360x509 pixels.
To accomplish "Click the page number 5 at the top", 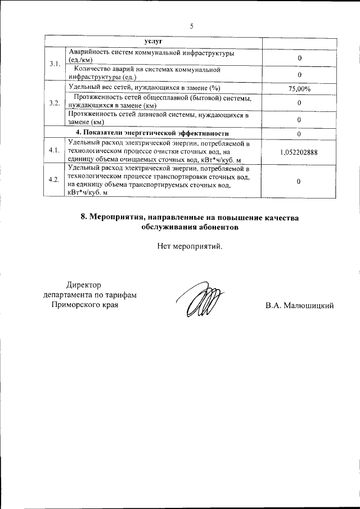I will tap(191, 26).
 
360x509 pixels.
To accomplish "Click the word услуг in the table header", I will tap(153, 42).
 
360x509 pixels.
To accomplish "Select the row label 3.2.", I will tap(55, 103).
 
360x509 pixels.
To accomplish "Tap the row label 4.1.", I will tap(55, 151).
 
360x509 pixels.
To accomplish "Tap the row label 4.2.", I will tap(55, 179).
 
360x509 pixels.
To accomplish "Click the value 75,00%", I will tap(299, 88).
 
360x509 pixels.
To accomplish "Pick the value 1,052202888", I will tap(299, 151).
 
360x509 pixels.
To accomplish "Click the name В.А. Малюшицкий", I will tap(300, 305).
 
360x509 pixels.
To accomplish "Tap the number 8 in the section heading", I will tap(83, 218).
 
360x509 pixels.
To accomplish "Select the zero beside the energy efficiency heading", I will tap(299, 134).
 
